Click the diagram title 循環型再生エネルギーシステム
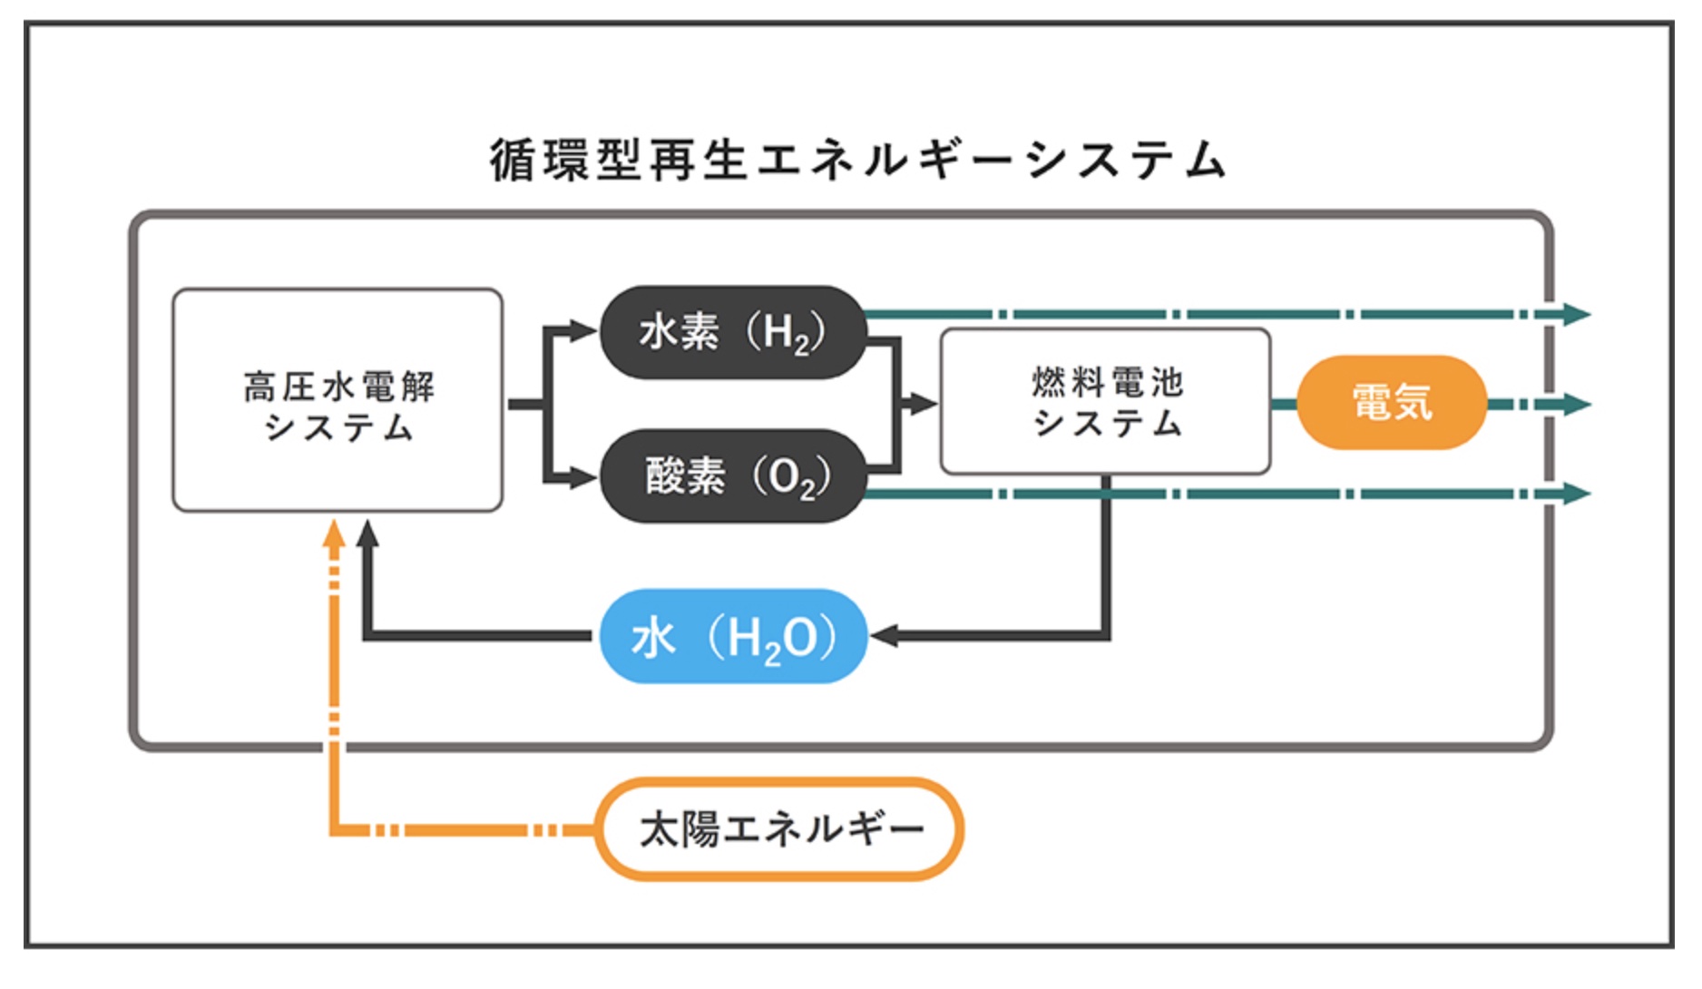(857, 161)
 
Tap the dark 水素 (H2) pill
(731, 332)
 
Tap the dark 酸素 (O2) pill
(731, 475)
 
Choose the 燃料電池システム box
(1105, 402)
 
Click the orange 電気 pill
(1391, 402)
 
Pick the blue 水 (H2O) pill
(732, 636)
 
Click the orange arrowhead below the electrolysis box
(335, 534)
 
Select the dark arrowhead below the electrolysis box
(367, 534)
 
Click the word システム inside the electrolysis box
(338, 426)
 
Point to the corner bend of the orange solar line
(335, 829)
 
